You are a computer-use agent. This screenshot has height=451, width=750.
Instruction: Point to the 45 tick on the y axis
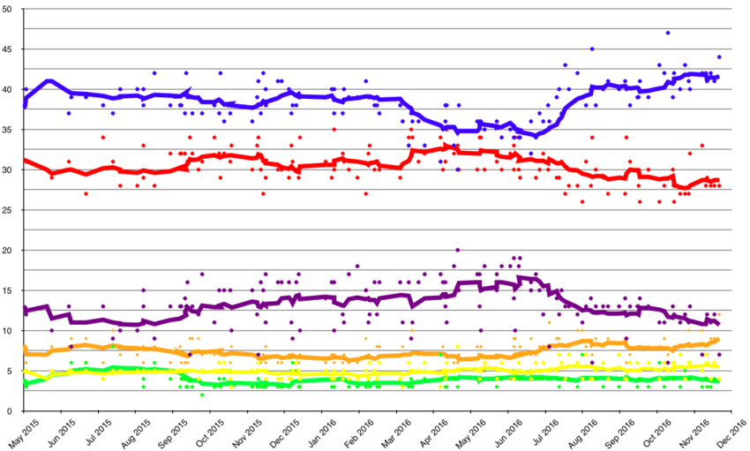tap(8, 49)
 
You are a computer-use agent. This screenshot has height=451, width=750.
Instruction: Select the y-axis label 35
tap(8, 130)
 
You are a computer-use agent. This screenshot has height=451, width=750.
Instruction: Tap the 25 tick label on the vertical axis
tap(8, 210)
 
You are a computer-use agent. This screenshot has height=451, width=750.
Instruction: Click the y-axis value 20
tap(8, 251)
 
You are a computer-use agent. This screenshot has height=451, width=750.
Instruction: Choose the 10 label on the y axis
tap(8, 331)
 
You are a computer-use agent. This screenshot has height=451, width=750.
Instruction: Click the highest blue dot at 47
tap(668, 33)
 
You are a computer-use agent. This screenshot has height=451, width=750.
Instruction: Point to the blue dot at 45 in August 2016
tap(592, 49)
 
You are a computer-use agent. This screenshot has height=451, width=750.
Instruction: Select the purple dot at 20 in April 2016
tap(457, 251)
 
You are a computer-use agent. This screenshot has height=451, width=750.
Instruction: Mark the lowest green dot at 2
tap(202, 395)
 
